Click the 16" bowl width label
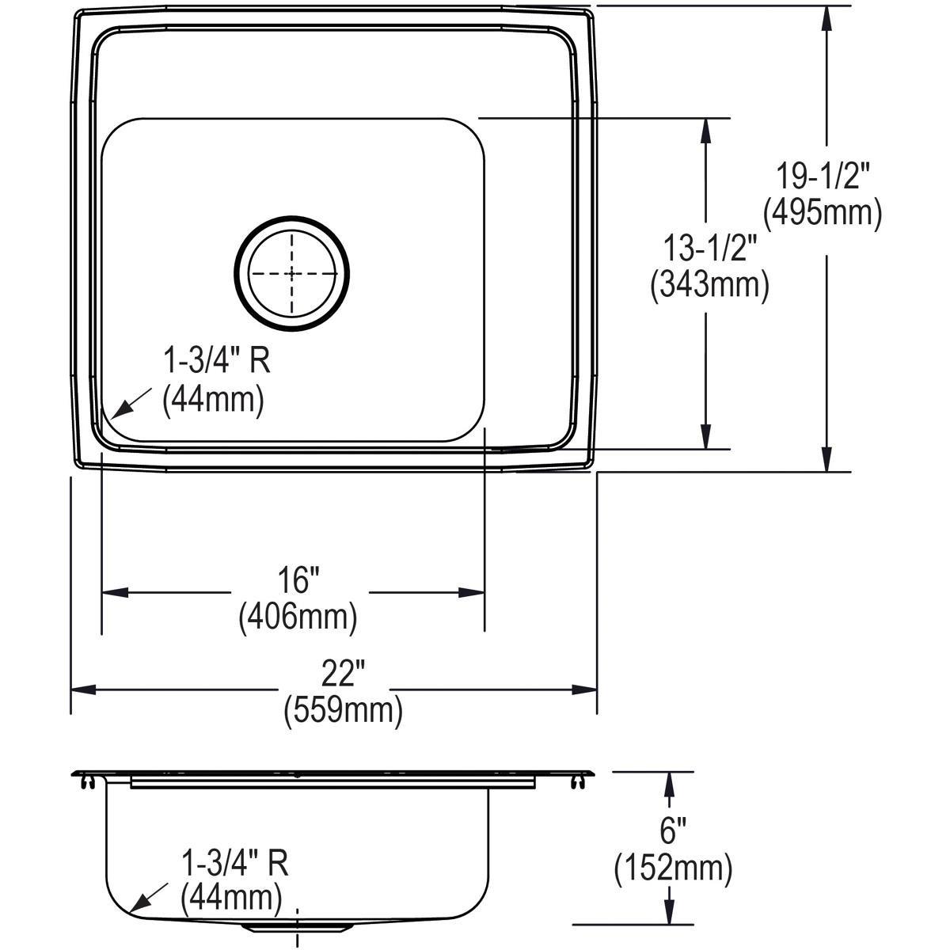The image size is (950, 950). tap(298, 581)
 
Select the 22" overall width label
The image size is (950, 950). tap(342, 674)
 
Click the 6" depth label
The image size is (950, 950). tap(672, 834)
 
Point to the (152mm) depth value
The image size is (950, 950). tap(672, 869)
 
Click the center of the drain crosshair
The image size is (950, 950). tap(291, 273)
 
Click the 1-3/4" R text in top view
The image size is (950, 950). tap(216, 363)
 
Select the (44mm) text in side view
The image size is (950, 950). tap(230, 898)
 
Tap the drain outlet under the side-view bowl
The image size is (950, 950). tap(298, 925)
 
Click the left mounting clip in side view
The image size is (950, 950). tap(87, 782)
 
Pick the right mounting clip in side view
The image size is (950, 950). tap(577, 782)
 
